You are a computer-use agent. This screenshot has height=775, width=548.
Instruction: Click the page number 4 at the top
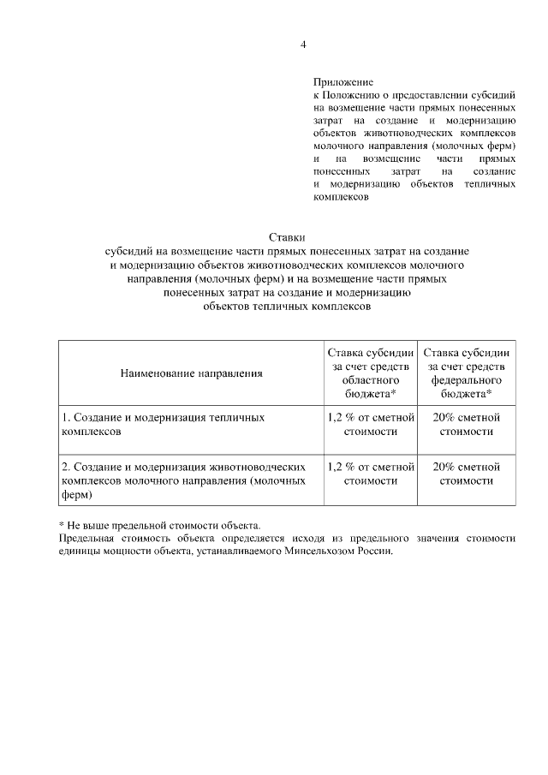point(302,45)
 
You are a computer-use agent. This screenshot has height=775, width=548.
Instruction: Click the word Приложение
point(342,82)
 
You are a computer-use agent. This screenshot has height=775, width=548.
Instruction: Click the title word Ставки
point(287,236)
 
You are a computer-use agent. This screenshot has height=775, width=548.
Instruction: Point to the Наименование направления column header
point(191,373)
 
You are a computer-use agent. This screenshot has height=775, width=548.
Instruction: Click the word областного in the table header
point(372,379)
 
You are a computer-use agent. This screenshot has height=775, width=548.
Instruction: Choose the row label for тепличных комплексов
point(163,425)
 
